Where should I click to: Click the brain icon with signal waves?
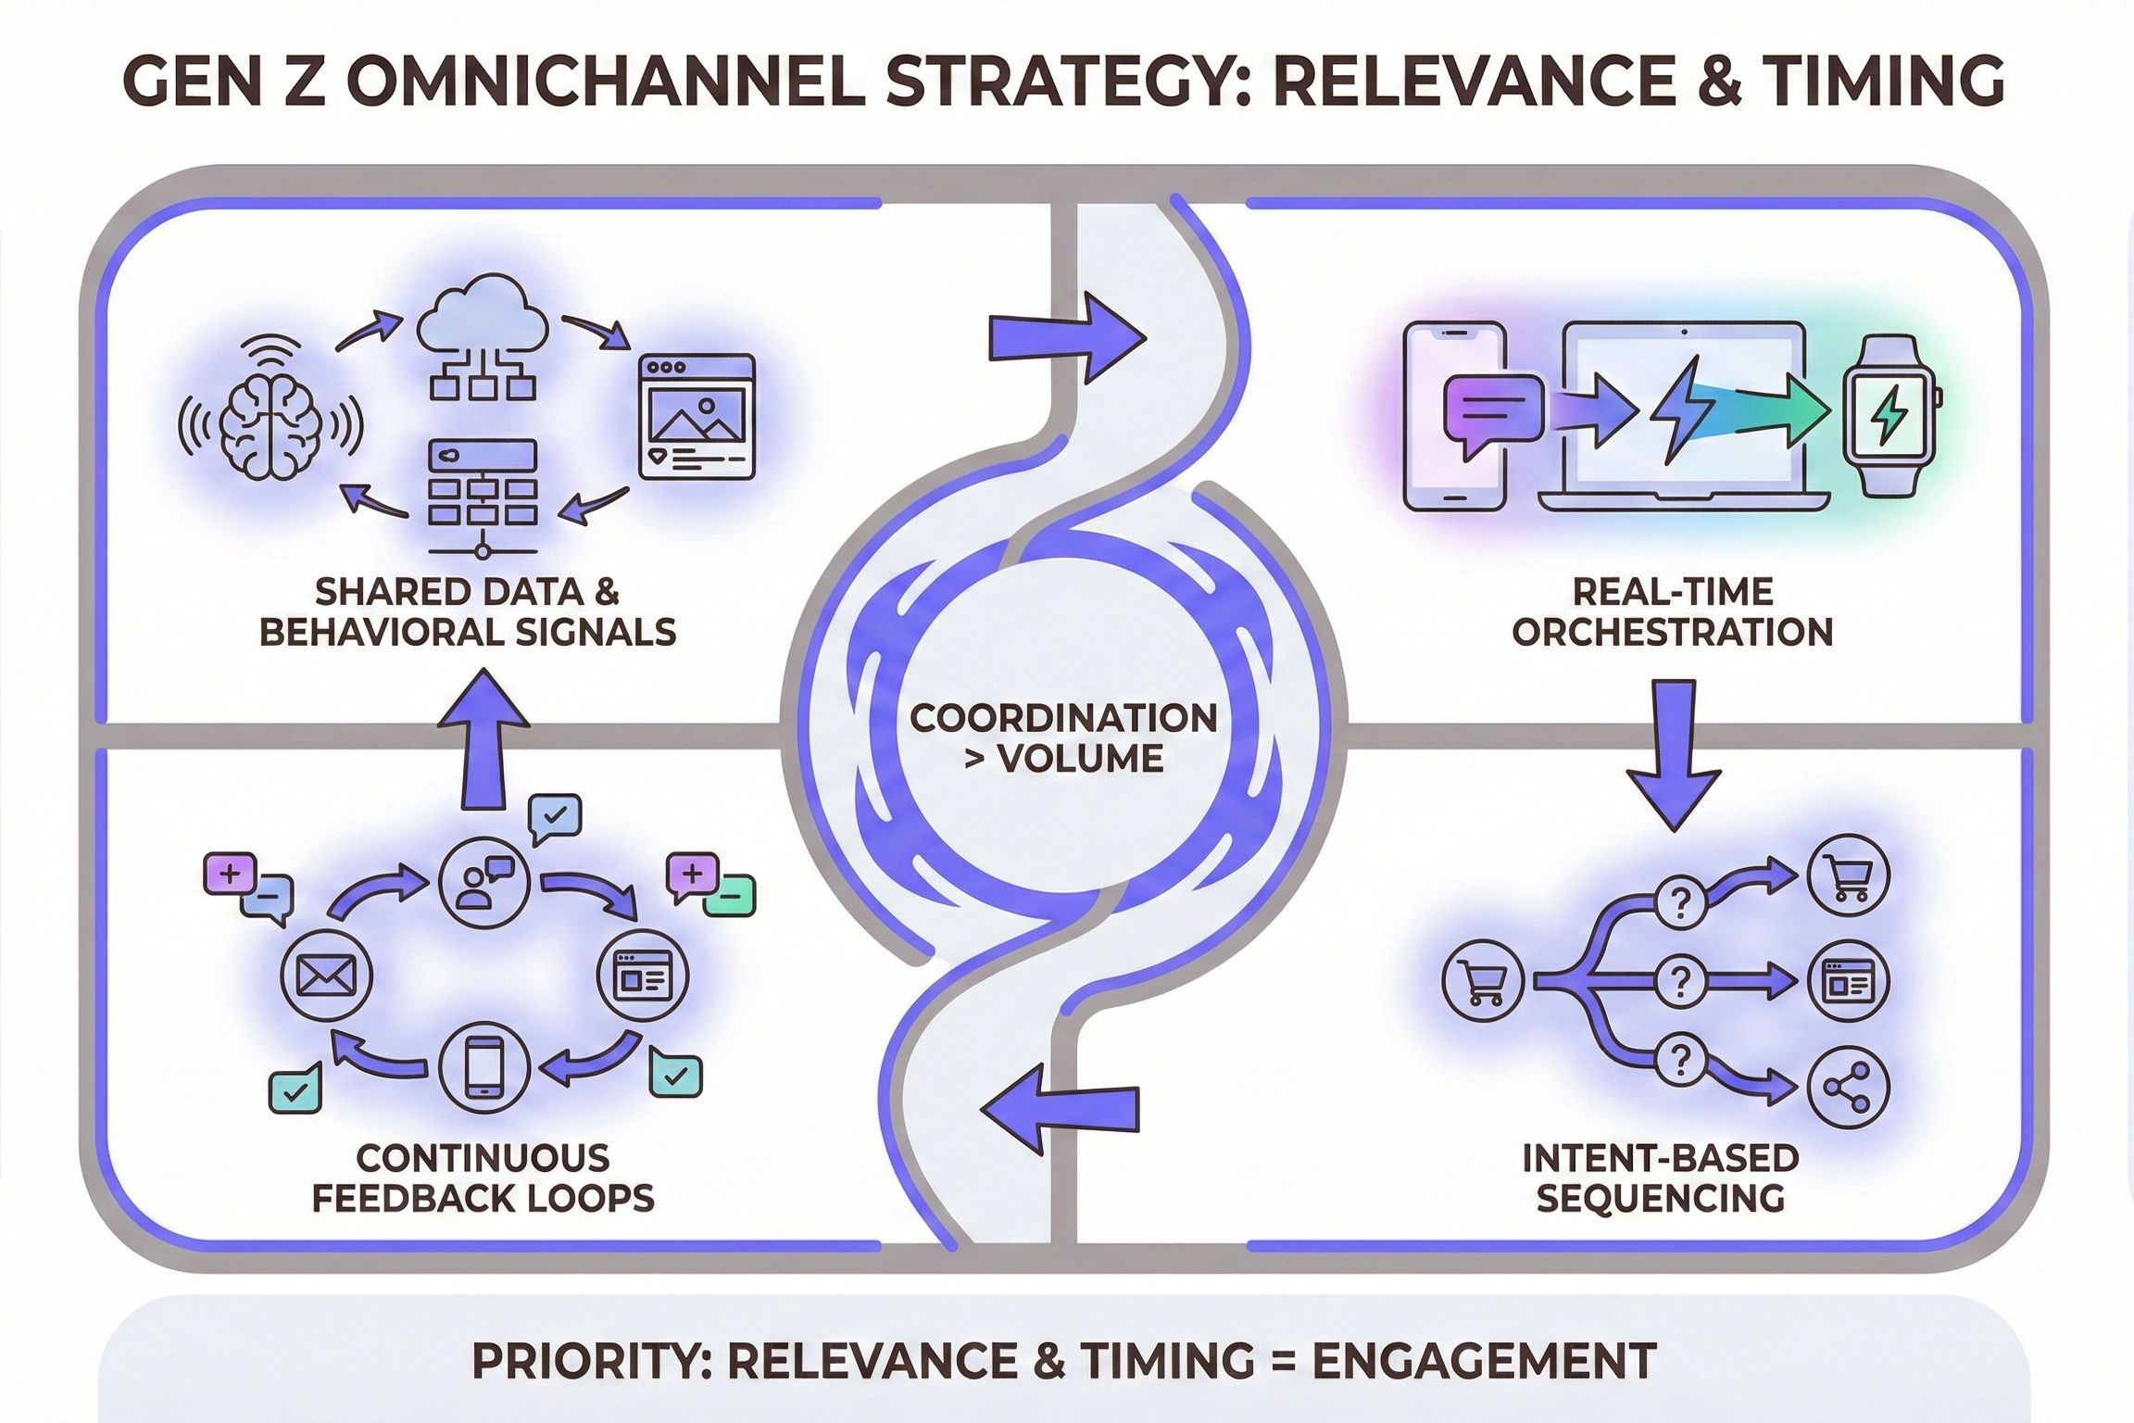pos(270,422)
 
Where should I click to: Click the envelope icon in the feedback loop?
pos(325,976)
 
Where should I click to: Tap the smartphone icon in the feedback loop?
pos(484,1066)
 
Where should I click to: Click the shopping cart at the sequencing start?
pos(1484,982)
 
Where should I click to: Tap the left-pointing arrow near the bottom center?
pos(1060,1109)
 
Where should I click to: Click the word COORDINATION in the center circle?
pos(1063,718)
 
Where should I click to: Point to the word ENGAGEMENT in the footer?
pos(1485,1360)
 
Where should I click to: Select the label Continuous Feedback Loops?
pos(483,1177)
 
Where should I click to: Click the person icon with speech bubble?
pos(483,879)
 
